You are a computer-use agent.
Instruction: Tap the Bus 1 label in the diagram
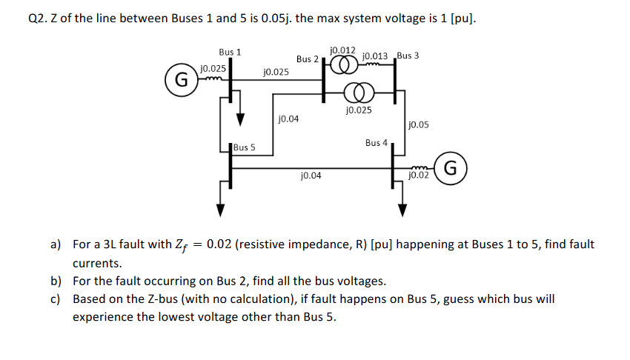pyautogui.click(x=230, y=52)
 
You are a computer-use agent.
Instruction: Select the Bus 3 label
pyautogui.click(x=408, y=56)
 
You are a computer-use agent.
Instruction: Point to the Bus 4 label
pyautogui.click(x=377, y=143)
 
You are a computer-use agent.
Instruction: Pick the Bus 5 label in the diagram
pyautogui.click(x=244, y=147)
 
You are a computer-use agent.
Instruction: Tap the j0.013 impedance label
pyautogui.click(x=377, y=56)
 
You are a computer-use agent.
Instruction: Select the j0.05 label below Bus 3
pyautogui.click(x=419, y=125)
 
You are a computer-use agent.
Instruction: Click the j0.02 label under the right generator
pyautogui.click(x=419, y=176)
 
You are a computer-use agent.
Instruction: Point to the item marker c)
pyautogui.click(x=57, y=299)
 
